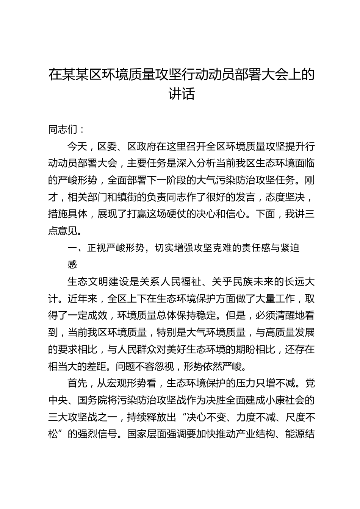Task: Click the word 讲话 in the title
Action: tap(182, 94)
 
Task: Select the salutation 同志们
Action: tap(63, 130)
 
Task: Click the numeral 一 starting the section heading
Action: tap(72, 248)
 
